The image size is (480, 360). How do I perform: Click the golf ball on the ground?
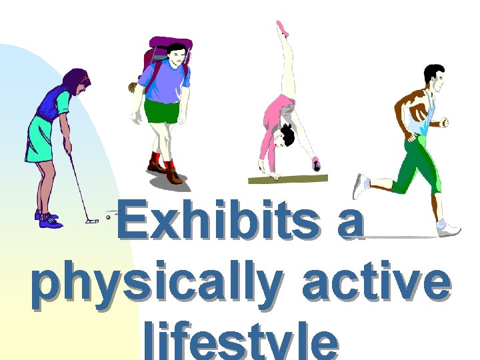[x=108, y=217]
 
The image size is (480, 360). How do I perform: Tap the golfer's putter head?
[x=91, y=221]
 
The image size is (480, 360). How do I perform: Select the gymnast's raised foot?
[x=282, y=28]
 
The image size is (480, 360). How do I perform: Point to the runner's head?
[x=433, y=79]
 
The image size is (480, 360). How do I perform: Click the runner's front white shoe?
[x=449, y=228]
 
